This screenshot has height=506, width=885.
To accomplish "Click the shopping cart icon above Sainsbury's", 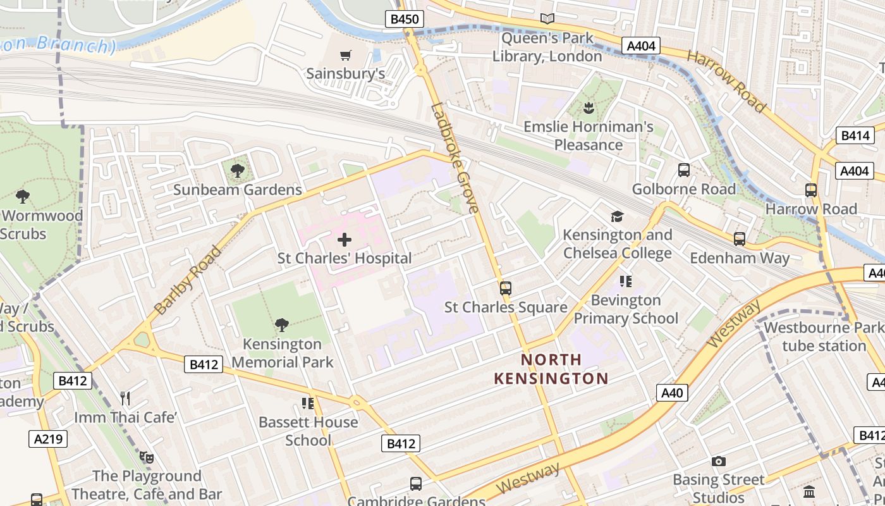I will tap(345, 55).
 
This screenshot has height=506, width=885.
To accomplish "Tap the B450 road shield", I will tap(404, 19).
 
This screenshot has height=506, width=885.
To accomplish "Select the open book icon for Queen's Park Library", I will tap(547, 19).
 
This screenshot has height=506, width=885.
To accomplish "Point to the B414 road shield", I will tap(855, 135).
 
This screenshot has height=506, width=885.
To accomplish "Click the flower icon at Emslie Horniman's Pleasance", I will tap(589, 108).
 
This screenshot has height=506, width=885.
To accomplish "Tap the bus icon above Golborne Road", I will tap(684, 170).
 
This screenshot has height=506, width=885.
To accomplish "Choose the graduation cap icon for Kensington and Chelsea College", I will tap(617, 216).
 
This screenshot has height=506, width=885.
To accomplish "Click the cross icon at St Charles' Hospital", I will tap(345, 240).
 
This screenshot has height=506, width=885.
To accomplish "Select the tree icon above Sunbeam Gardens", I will tap(238, 171).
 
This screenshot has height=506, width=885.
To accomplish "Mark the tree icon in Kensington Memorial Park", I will tap(282, 325).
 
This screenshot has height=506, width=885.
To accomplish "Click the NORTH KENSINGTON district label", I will tap(551, 369).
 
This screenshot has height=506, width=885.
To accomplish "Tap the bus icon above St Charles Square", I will tap(505, 288).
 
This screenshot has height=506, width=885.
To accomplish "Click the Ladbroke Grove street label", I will tap(455, 158).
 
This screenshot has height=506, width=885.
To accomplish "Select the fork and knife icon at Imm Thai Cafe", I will tap(125, 398).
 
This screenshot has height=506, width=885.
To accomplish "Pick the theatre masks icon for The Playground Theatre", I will tap(147, 457).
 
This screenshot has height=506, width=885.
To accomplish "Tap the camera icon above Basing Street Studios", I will tap(718, 461).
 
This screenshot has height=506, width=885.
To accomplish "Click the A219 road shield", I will tap(48, 439).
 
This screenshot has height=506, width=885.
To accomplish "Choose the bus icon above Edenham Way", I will tap(739, 239).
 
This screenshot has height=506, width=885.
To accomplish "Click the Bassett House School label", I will tap(308, 431).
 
